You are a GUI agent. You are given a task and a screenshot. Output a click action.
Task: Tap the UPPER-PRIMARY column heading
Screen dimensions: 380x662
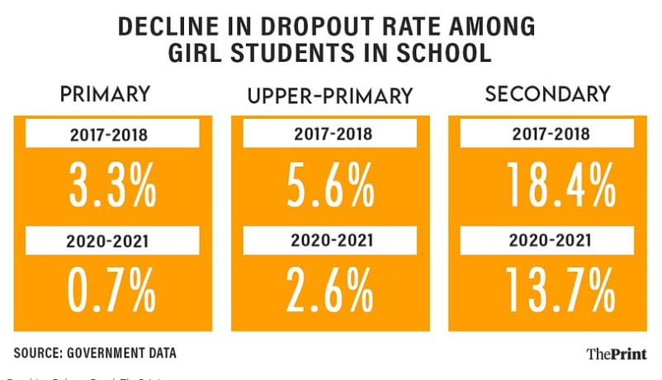(330, 96)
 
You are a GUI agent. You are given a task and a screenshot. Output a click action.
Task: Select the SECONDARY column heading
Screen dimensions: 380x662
(548, 94)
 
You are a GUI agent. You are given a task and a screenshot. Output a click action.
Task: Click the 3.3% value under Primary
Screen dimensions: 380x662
(111, 187)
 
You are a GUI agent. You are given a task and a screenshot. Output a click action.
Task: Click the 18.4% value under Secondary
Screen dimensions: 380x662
(548, 187)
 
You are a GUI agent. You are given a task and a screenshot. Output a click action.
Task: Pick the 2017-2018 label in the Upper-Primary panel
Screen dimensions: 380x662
(330, 134)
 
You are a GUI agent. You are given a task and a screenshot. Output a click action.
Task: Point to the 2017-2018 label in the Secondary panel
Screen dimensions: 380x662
(548, 134)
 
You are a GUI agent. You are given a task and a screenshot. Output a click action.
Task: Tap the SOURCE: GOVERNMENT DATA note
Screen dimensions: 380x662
(95, 353)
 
